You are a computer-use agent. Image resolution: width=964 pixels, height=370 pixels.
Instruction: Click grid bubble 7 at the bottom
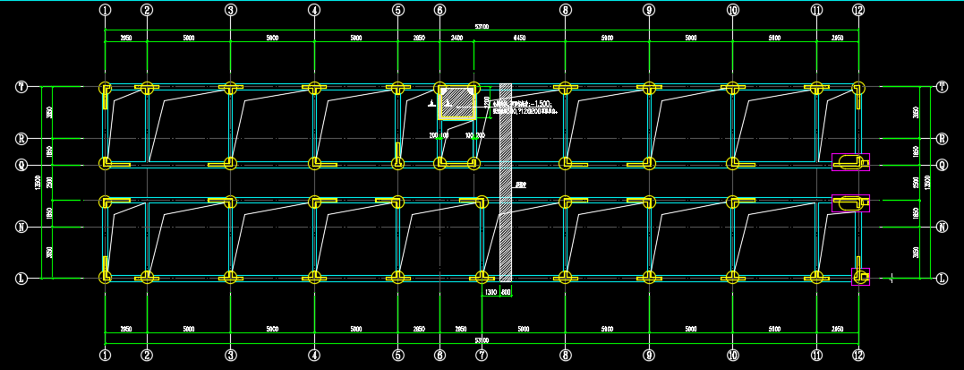click(x=482, y=356)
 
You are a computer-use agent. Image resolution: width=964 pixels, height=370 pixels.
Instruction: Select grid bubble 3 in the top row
click(x=231, y=10)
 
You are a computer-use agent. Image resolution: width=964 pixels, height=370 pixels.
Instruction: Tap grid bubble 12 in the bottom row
click(x=858, y=356)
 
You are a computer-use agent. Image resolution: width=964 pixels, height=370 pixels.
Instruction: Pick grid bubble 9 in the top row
click(x=649, y=10)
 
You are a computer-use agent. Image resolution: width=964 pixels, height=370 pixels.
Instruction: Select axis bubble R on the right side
click(x=942, y=139)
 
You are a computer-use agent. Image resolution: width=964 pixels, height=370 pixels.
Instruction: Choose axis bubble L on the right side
click(x=942, y=279)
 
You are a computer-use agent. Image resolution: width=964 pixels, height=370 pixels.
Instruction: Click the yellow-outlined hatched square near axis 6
click(x=456, y=102)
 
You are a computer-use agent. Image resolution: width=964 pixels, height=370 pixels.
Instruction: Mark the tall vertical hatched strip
click(x=506, y=179)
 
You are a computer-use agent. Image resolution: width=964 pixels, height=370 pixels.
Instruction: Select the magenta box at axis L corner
click(x=860, y=276)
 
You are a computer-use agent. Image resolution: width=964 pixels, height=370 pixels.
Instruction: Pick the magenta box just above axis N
click(x=850, y=203)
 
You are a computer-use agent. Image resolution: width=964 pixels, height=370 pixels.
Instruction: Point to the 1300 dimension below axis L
click(x=491, y=293)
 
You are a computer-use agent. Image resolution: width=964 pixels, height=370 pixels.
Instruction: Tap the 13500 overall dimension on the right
click(x=928, y=182)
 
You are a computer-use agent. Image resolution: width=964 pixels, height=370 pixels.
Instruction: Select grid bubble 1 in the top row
click(x=106, y=10)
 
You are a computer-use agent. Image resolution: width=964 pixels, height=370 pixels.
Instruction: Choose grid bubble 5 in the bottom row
click(x=397, y=356)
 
